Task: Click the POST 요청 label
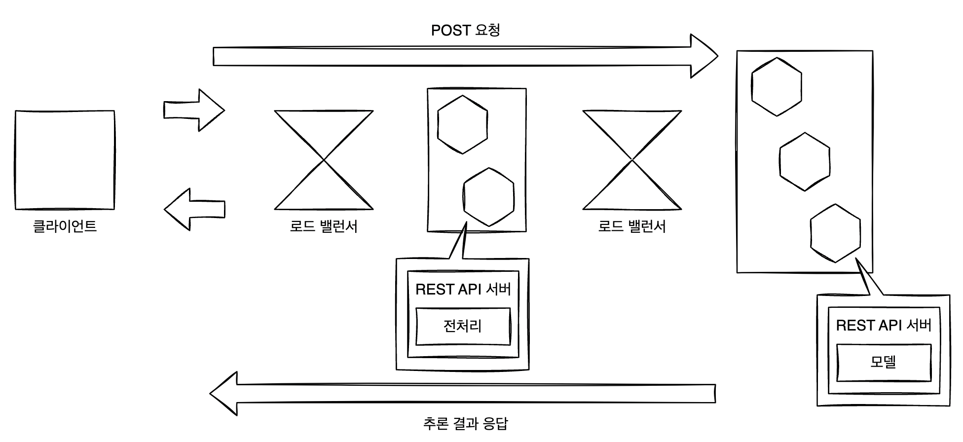point(465,31)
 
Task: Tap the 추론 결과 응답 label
point(465,423)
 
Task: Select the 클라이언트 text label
point(65,226)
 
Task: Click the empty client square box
point(65,160)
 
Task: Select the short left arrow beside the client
point(194,209)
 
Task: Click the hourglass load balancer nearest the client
point(324,160)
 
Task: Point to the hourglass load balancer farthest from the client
point(632,160)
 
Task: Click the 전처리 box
point(463,326)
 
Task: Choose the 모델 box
point(884,363)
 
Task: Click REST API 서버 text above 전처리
point(463,289)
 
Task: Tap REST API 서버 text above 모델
point(884,326)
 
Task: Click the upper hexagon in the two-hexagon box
point(462,124)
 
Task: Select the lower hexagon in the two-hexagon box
point(489,197)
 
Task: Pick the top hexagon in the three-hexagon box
point(777,87)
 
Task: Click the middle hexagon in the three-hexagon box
point(805,161)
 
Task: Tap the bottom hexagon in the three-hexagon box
point(835,233)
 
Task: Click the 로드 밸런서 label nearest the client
point(324,226)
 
